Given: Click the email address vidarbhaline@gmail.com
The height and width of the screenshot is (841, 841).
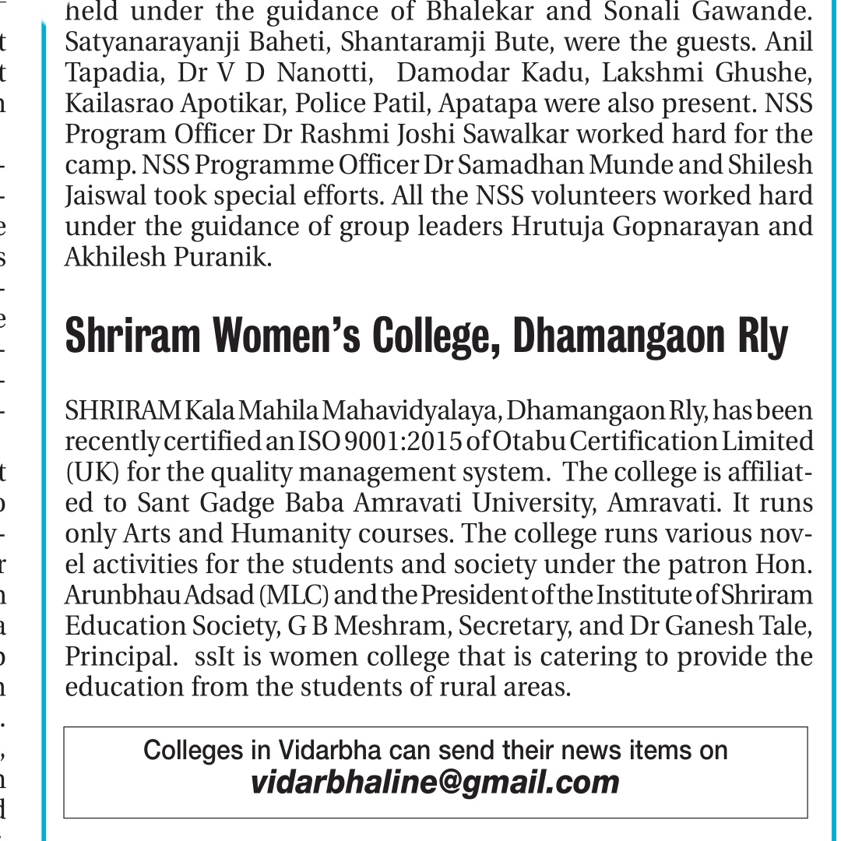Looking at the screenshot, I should [x=435, y=782].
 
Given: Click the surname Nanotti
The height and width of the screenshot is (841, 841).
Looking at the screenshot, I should [x=321, y=73].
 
